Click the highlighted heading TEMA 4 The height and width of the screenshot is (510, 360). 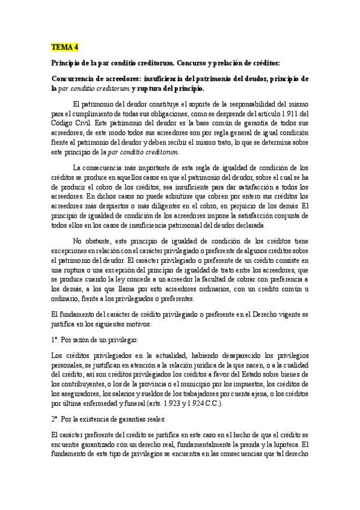[65, 46]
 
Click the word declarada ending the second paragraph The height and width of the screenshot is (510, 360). [246, 226]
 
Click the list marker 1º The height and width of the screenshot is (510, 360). [55, 340]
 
